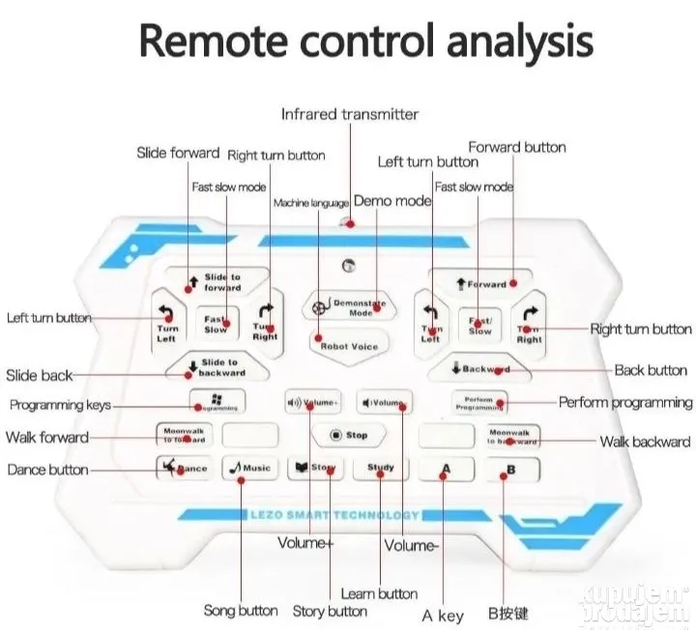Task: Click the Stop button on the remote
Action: coord(348,436)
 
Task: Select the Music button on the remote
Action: coord(248,469)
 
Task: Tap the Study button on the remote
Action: coord(380,469)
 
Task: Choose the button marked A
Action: coord(446,470)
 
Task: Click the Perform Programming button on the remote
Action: coord(479,402)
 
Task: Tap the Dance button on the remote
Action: coord(184,469)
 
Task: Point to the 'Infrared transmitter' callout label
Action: coord(350,114)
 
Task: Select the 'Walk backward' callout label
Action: coord(644,442)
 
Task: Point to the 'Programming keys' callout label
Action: coord(60,405)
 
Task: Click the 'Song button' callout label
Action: coord(241,611)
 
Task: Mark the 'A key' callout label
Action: coord(444,616)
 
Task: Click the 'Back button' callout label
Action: coord(651,370)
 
